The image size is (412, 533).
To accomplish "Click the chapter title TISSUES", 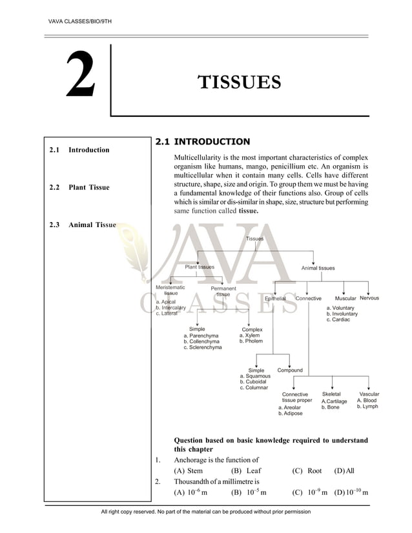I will coord(239,83).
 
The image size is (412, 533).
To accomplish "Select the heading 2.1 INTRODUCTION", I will coord(202,141).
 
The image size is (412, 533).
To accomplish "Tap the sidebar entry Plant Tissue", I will coord(89,188).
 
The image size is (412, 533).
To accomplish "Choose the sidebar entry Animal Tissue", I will coord(92,225).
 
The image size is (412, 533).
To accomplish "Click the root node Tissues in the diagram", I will coord(255,239).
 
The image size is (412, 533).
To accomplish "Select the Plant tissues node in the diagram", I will coord(200,267).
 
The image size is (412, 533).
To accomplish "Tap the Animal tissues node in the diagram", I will coord(318,268).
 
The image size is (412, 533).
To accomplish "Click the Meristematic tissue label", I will coord(170,290).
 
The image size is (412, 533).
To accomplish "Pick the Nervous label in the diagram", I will coord(369,298).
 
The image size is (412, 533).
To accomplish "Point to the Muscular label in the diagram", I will coord(345,299).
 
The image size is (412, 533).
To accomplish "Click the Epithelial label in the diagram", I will coord(276,299).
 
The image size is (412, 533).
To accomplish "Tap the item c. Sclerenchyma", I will coord(203,347).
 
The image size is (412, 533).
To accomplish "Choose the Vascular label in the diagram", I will coord(369,394).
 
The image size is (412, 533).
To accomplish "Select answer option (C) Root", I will coord(307,471).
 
